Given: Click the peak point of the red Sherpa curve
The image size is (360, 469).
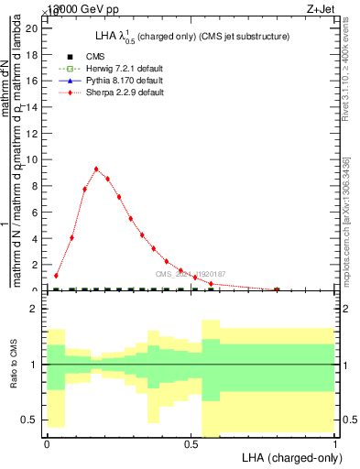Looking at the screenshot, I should tap(96, 169).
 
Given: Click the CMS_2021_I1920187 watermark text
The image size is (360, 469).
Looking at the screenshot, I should tap(191, 274).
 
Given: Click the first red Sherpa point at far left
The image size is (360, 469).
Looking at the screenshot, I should tap(56, 275).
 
